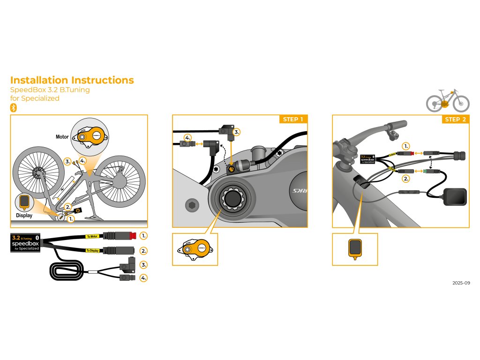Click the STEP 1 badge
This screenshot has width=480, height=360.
click(293, 119)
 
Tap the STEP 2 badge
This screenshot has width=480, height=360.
click(455, 119)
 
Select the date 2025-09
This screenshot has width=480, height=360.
click(461, 283)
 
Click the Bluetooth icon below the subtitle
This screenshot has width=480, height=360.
click(14, 107)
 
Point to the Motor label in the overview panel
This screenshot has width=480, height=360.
click(62, 137)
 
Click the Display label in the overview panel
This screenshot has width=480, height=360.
click(24, 216)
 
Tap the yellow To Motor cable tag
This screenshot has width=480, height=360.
click(93, 236)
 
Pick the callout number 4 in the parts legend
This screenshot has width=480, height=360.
click(144, 277)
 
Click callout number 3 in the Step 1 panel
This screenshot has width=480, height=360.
click(237, 132)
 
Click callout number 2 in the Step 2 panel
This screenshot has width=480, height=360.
click(406, 178)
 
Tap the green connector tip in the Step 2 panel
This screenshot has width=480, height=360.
click(424, 172)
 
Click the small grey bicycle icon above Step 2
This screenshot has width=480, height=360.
click(448, 100)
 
